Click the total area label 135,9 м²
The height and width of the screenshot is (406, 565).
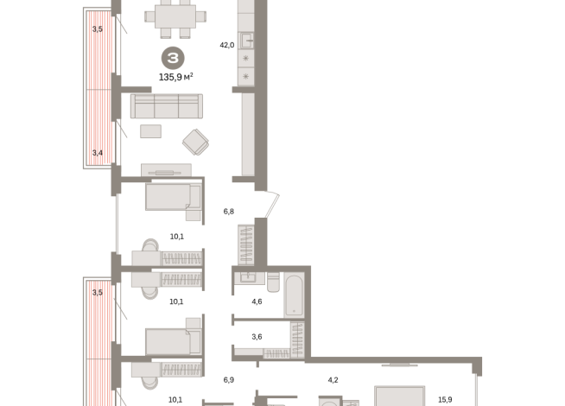tap(175, 77)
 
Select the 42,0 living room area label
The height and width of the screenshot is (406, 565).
tap(226, 45)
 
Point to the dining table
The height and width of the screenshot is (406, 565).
tap(175, 16)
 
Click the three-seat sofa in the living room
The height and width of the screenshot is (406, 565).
tap(166, 106)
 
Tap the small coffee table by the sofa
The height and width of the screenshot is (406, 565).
tap(150, 131)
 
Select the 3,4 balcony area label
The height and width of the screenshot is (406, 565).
tap(98, 153)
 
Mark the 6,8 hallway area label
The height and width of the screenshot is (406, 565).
tap(229, 210)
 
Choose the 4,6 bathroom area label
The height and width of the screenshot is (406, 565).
tap(256, 301)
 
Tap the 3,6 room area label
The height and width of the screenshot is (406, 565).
tap(256, 336)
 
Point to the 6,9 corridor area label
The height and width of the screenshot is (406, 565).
tap(229, 379)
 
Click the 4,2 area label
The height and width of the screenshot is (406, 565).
tap(332, 379)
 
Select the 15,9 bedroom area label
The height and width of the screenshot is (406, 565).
tap(444, 399)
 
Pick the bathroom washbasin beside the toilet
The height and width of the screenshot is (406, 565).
tap(247, 277)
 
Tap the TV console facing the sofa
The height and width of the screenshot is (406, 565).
tap(166, 170)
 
